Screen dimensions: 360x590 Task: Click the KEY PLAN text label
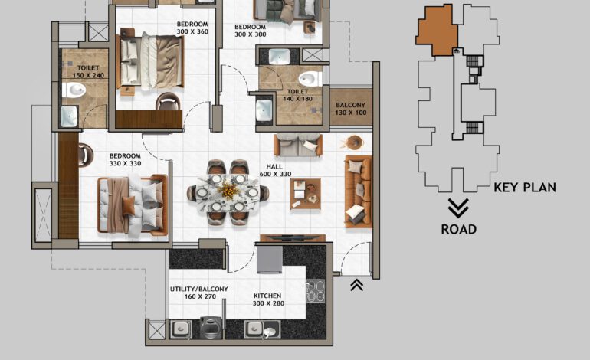coord(525,187)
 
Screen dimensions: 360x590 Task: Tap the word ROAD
coord(458,228)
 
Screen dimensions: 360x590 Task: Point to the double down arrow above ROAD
coord(458,207)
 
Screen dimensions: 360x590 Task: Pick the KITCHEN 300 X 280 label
coord(267,300)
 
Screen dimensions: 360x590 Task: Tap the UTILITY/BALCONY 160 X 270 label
coord(198,293)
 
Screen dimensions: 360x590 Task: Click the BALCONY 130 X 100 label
coord(350,109)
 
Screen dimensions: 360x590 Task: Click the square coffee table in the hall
coord(305,193)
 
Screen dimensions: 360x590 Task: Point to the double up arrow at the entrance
coord(356,286)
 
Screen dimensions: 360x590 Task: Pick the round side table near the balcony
coord(355,142)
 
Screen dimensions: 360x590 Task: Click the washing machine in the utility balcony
coord(209,329)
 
